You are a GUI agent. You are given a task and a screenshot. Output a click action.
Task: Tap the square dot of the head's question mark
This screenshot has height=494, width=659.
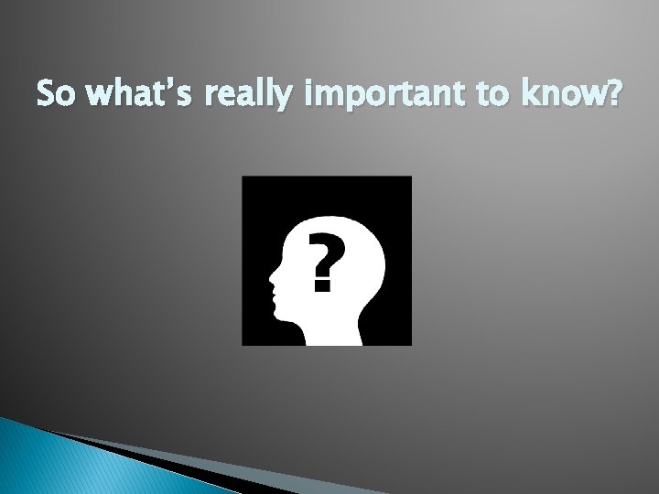[x=320, y=285]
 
